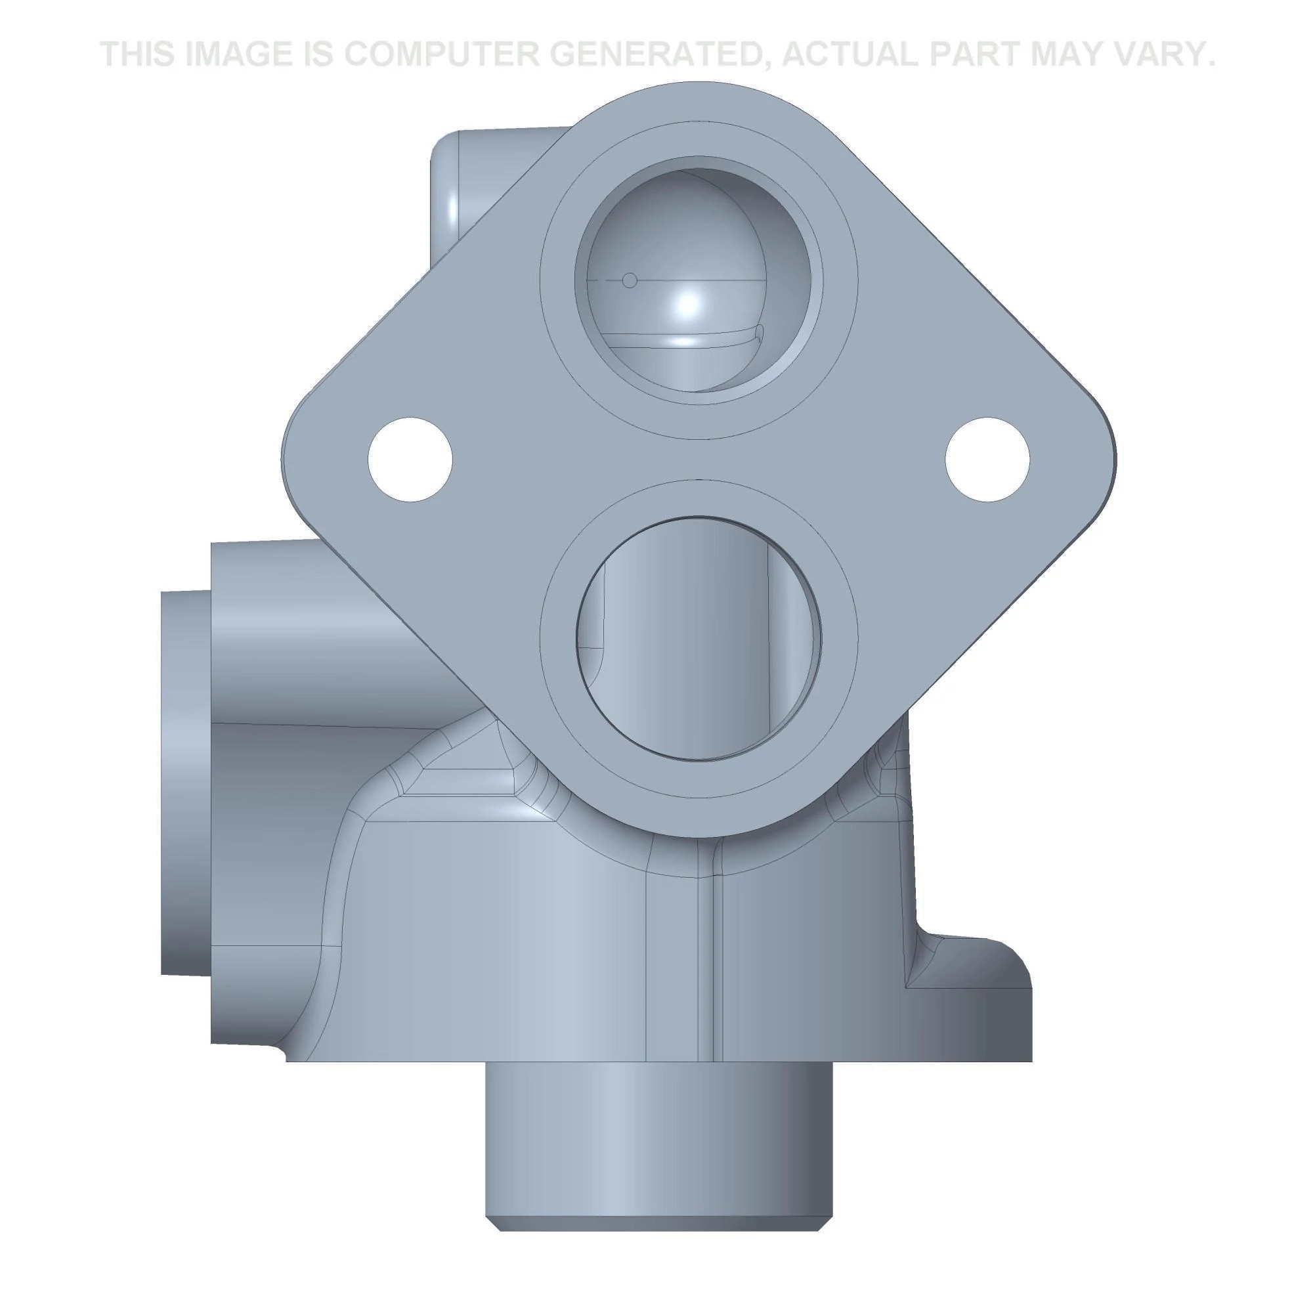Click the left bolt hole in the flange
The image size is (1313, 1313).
410,460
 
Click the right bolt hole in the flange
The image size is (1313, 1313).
987,460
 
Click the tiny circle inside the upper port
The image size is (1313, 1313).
630,280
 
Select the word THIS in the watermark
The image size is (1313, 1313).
139,54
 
